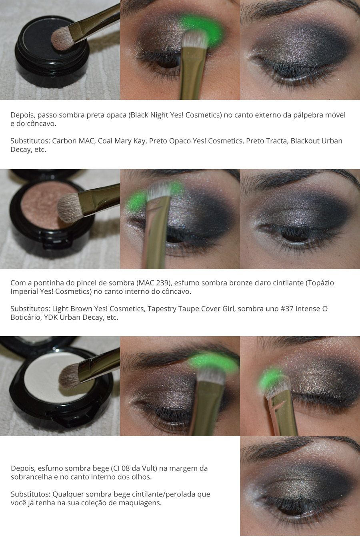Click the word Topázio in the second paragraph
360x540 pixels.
pos(320,283)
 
